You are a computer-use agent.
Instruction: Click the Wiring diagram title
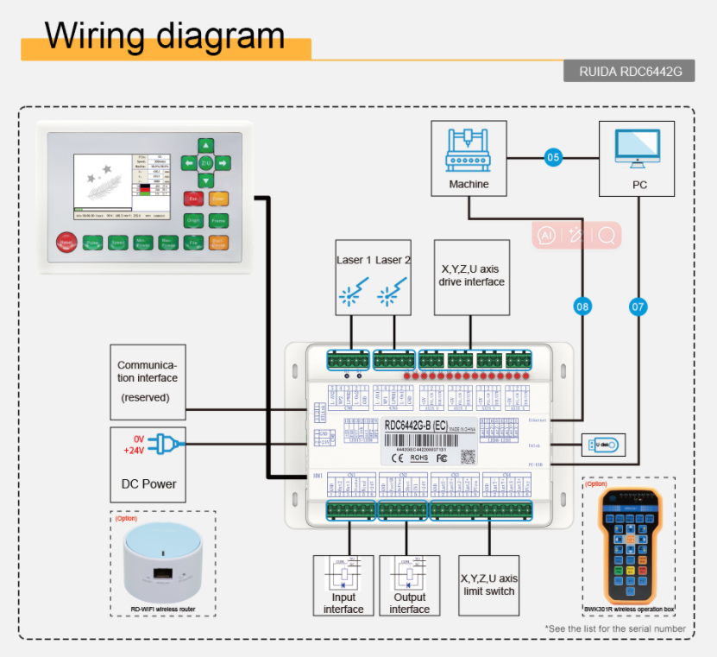(x=165, y=35)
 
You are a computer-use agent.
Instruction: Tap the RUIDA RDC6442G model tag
(x=629, y=72)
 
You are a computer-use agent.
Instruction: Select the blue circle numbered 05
(x=553, y=157)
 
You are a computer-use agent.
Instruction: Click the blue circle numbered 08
(x=582, y=305)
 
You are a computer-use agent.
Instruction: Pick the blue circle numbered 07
(x=638, y=305)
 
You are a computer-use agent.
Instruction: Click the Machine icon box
(x=469, y=157)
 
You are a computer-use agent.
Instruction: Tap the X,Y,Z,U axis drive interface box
(x=470, y=277)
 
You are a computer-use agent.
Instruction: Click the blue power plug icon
(x=164, y=445)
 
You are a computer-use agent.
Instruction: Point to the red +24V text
(x=134, y=451)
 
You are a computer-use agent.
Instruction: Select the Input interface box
(x=343, y=584)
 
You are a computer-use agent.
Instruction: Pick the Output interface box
(x=409, y=584)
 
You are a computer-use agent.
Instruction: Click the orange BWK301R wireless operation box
(x=629, y=545)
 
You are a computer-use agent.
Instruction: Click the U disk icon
(x=604, y=445)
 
